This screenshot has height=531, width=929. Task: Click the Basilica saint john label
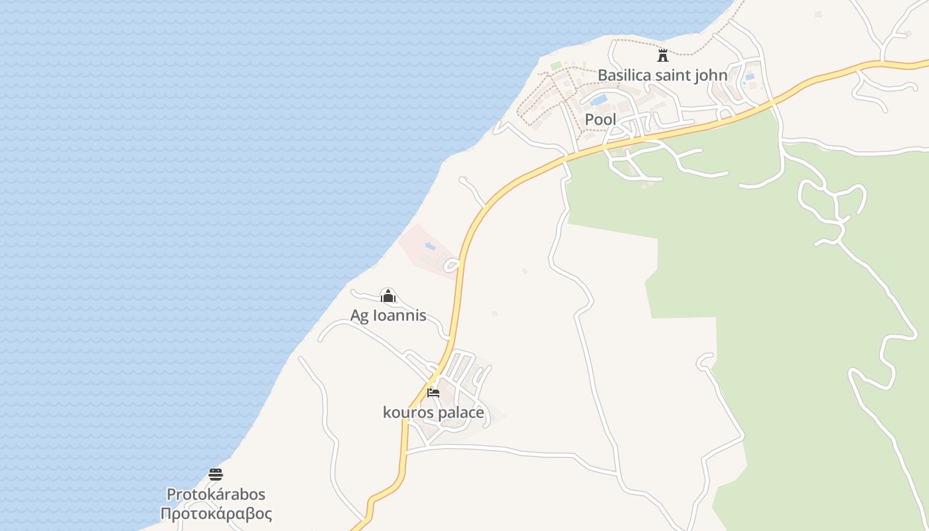pyautogui.click(x=662, y=75)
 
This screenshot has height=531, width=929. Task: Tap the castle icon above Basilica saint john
pyautogui.click(x=662, y=55)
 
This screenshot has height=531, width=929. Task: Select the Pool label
pyautogui.click(x=601, y=119)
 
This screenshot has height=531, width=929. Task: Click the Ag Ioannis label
pyautogui.click(x=388, y=315)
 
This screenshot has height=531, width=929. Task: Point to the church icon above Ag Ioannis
pyautogui.click(x=388, y=295)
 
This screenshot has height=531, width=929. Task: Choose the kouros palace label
pyautogui.click(x=433, y=413)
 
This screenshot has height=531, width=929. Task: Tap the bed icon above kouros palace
pyautogui.click(x=433, y=393)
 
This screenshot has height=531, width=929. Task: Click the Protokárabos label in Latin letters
pyautogui.click(x=216, y=494)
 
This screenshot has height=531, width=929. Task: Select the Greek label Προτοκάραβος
pyautogui.click(x=216, y=514)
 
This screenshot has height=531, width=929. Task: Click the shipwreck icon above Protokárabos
pyautogui.click(x=216, y=474)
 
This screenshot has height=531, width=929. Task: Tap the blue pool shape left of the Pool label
pyautogui.click(x=599, y=100)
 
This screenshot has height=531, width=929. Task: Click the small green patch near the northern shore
pyautogui.click(x=556, y=65)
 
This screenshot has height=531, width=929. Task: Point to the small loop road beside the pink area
pyautogui.click(x=452, y=265)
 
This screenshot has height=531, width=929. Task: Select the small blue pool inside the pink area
pyautogui.click(x=430, y=246)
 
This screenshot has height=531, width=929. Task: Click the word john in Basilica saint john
pyautogui.click(x=710, y=75)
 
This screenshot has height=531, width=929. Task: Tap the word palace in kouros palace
pyautogui.click(x=460, y=413)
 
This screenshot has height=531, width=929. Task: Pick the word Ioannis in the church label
pyautogui.click(x=399, y=315)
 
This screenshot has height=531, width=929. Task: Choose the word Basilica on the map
pyautogui.click(x=624, y=75)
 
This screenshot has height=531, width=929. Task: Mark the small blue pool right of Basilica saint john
pyautogui.click(x=749, y=77)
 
